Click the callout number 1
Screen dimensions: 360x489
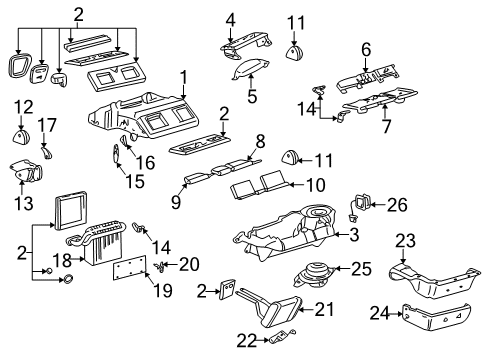click(x=183, y=78)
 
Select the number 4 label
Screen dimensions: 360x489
click(x=231, y=18)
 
